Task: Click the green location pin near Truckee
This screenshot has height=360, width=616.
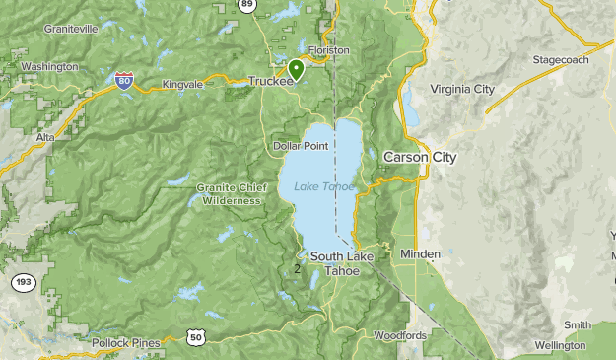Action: [x=296, y=69]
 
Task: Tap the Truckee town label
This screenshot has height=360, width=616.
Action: [x=270, y=82]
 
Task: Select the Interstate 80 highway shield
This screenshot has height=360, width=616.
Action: [x=124, y=81]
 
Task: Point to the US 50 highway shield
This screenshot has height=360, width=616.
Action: [x=195, y=338]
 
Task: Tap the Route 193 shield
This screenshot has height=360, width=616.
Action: [x=23, y=283]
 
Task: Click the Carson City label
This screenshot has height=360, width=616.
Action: [x=419, y=157]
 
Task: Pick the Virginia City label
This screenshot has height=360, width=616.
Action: [x=462, y=89]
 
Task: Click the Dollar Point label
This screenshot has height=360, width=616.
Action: [x=300, y=146]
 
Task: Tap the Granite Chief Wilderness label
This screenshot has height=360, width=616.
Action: [x=231, y=193]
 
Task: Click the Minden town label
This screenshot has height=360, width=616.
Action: [x=421, y=254]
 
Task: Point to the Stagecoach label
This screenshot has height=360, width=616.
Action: [x=561, y=60]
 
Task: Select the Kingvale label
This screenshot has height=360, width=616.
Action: [x=182, y=85]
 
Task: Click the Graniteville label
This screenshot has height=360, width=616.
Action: [x=71, y=30]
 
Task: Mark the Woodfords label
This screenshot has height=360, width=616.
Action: [x=400, y=335]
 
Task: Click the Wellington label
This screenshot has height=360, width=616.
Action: [x=560, y=345]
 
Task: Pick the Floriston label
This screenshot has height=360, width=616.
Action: [x=328, y=48]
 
